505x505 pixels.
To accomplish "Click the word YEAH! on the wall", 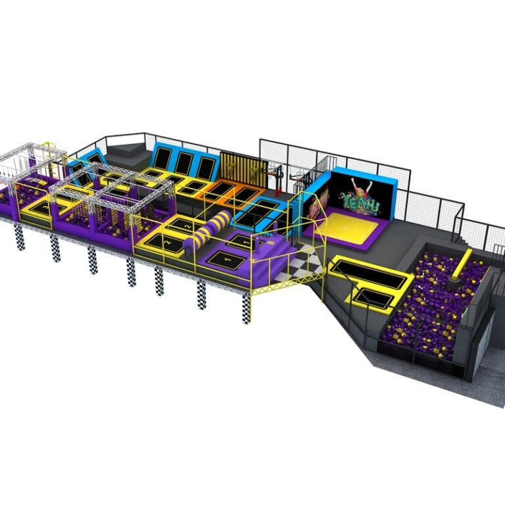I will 361,203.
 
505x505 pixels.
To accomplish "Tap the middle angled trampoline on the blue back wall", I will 183,162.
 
